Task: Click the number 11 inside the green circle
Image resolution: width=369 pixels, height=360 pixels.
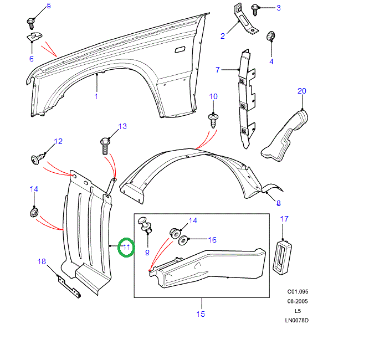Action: (126, 247)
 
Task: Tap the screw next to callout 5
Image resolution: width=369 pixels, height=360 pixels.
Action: (30, 21)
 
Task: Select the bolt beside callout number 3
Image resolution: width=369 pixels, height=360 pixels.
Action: (256, 9)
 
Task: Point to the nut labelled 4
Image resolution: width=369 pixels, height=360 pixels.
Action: (271, 37)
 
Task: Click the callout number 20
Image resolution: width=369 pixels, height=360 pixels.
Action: (301, 91)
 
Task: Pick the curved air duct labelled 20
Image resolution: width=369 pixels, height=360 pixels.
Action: (285, 136)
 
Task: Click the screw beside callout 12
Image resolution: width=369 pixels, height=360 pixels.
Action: (36, 160)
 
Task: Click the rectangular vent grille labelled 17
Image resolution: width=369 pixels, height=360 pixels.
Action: (284, 258)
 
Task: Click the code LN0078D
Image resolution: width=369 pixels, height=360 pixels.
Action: (296, 320)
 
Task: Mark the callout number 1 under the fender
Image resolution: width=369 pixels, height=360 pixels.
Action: (96, 96)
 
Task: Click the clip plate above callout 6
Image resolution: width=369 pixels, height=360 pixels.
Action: (34, 38)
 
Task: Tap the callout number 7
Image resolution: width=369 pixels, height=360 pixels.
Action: (218, 70)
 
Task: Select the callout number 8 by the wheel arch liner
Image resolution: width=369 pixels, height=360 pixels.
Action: (278, 203)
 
